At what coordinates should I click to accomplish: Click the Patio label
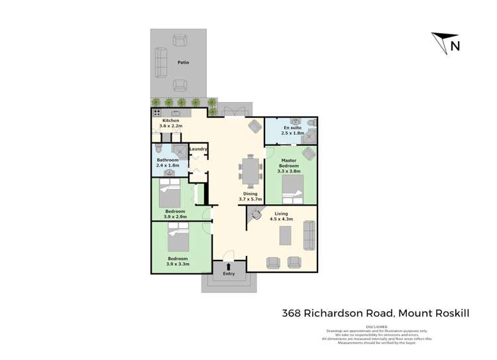[x=183, y=62]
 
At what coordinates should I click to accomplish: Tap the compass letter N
[x=455, y=46]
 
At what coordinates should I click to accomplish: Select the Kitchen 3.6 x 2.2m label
[x=170, y=123]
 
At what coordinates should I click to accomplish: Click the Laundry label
[x=198, y=149]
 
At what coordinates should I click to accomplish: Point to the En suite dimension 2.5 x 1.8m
[x=292, y=133]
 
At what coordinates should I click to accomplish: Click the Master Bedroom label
[x=289, y=164]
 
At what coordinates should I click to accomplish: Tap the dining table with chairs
[x=251, y=172]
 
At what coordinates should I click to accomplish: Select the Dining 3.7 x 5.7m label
[x=250, y=196]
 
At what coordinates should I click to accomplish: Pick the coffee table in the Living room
[x=285, y=235]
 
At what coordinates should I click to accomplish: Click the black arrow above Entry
[x=229, y=267]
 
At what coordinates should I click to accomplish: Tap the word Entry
[x=229, y=274]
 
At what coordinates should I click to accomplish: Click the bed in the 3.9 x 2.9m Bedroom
[x=170, y=194]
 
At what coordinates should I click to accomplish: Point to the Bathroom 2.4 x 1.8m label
[x=168, y=163]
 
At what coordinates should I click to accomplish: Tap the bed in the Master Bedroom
[x=292, y=190]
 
